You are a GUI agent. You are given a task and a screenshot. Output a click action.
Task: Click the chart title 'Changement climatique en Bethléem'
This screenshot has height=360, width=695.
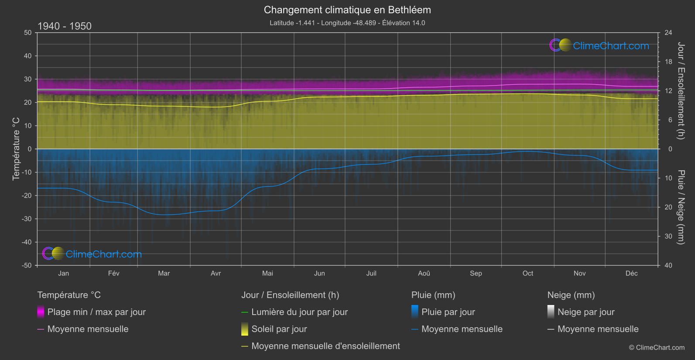(347, 10)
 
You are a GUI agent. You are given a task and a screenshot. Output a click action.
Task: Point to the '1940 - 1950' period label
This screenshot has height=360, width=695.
(65, 26)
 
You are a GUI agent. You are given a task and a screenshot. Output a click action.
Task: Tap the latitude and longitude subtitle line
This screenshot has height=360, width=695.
(347, 23)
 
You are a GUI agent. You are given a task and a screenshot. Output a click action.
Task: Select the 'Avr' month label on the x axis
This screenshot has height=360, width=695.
(216, 273)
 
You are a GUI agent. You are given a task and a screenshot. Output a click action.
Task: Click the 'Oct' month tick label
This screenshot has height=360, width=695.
(527, 273)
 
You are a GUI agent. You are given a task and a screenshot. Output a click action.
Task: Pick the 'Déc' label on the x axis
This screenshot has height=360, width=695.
(631, 273)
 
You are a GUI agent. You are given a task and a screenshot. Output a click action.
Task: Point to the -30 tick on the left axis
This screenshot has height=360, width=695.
(27, 219)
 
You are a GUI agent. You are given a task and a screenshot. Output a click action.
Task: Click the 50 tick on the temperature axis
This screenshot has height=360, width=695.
(28, 33)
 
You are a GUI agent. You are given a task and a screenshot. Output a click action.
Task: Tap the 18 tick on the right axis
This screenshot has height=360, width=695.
(668, 62)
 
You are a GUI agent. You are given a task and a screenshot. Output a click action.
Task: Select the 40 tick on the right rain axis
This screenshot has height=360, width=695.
(668, 265)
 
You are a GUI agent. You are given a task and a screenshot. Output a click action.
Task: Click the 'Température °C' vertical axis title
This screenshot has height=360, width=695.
(16, 148)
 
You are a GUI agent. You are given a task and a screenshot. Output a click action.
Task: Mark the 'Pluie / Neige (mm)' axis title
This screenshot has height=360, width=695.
(681, 207)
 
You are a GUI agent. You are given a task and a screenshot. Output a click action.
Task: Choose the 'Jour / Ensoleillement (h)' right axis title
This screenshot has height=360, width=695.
(681, 91)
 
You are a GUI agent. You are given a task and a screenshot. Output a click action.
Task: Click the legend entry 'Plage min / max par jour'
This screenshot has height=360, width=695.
(96, 312)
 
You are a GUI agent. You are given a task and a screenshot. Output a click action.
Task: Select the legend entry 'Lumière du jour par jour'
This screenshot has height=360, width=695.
(299, 312)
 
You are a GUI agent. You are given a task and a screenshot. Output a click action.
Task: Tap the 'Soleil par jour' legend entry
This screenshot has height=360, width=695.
(279, 329)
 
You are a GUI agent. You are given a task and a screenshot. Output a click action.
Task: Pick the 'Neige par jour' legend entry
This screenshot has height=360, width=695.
(586, 312)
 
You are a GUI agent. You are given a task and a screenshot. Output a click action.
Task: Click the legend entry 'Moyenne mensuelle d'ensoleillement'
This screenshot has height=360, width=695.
(325, 346)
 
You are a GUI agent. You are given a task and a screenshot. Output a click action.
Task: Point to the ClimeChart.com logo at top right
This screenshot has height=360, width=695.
(599, 45)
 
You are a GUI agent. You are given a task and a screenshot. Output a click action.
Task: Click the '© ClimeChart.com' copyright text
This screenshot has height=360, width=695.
(657, 348)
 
